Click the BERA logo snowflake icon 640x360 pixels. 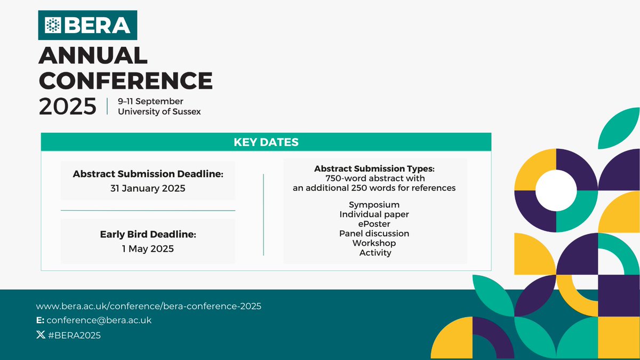[x=53, y=25]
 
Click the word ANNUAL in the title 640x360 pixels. [x=93, y=56]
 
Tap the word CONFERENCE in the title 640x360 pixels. [x=126, y=81]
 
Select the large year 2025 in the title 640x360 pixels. [x=68, y=106]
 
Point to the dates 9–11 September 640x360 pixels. [x=150, y=101]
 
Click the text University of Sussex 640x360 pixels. [x=159, y=112]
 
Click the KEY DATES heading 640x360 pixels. [x=266, y=142]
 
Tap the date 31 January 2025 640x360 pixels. [x=148, y=188]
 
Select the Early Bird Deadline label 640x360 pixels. [x=148, y=234]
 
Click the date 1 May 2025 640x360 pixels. [x=148, y=249]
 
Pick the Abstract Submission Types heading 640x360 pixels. [x=374, y=169]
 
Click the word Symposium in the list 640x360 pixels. [x=374, y=205]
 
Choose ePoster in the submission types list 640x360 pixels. [x=374, y=224]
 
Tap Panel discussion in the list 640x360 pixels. [x=374, y=234]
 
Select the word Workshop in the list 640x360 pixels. [x=374, y=243]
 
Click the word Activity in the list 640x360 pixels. [x=375, y=253]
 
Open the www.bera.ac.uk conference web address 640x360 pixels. [x=148, y=306]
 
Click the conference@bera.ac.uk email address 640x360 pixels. [x=99, y=321]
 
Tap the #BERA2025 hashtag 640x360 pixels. [x=75, y=335]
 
